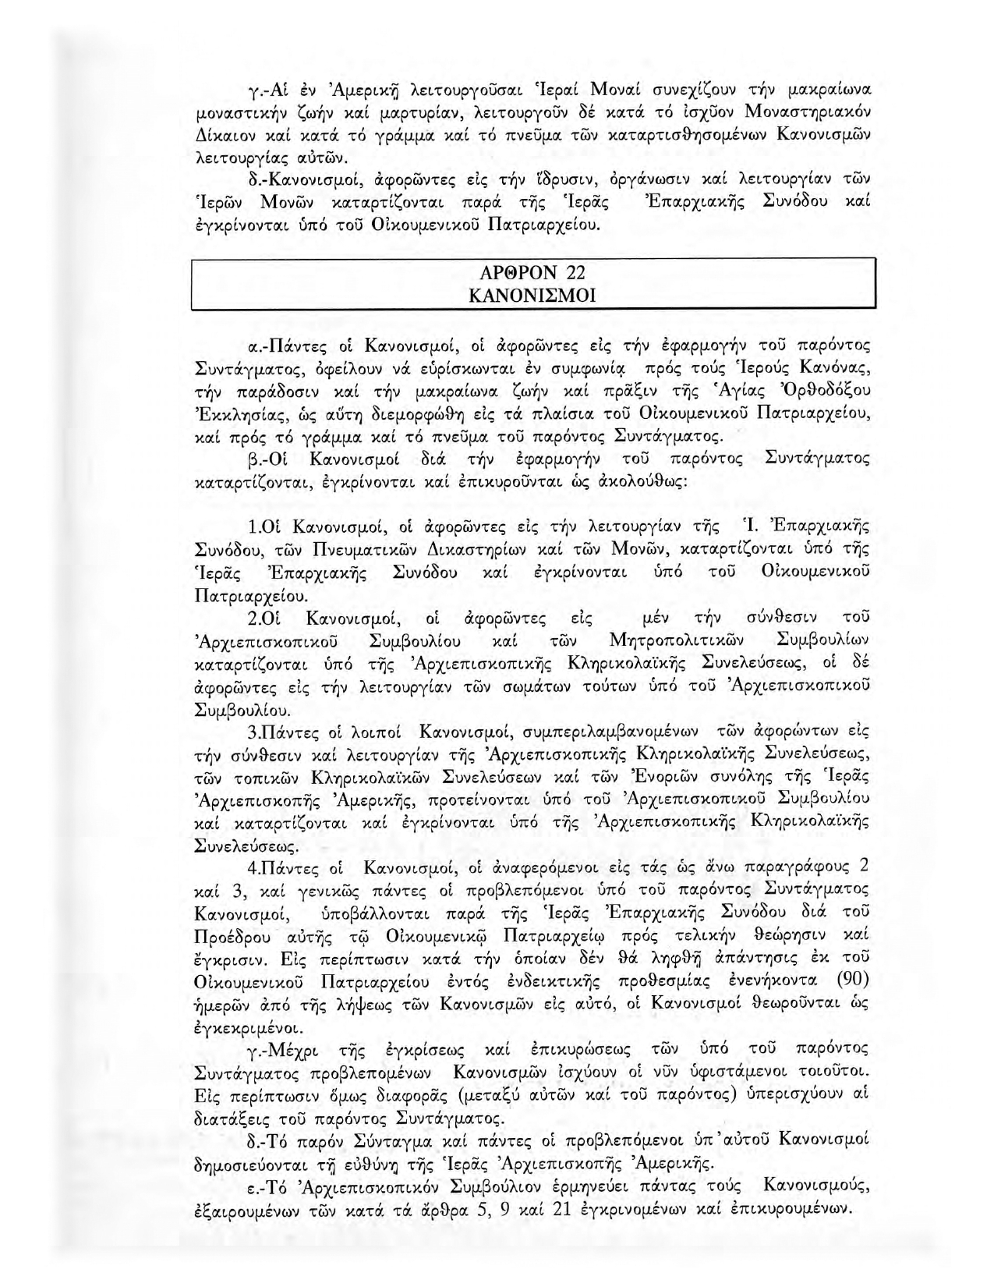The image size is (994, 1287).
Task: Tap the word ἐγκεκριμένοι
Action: [239, 1026]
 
